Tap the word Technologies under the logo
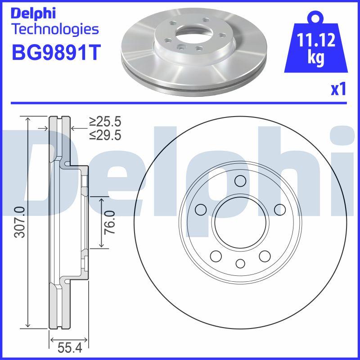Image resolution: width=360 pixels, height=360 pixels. [x=54, y=29]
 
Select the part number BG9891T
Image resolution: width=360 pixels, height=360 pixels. [x=54, y=53]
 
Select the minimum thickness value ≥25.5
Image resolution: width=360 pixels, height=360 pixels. [x=105, y=121]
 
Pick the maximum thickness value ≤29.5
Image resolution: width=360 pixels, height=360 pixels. [x=105, y=135]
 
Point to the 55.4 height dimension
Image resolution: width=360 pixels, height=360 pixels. [x=69, y=348]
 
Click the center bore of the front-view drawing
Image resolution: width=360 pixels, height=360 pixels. [x=240, y=223]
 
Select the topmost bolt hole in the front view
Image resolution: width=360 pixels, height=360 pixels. [x=240, y=181]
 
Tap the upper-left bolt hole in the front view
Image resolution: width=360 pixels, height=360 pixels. [x=200, y=209]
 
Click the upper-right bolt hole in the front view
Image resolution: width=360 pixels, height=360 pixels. [x=280, y=209]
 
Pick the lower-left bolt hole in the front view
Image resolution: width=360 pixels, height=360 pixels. [x=216, y=256]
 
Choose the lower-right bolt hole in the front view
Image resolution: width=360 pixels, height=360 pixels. [x=265, y=256]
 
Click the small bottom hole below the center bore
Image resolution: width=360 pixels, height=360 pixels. [x=240, y=264]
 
